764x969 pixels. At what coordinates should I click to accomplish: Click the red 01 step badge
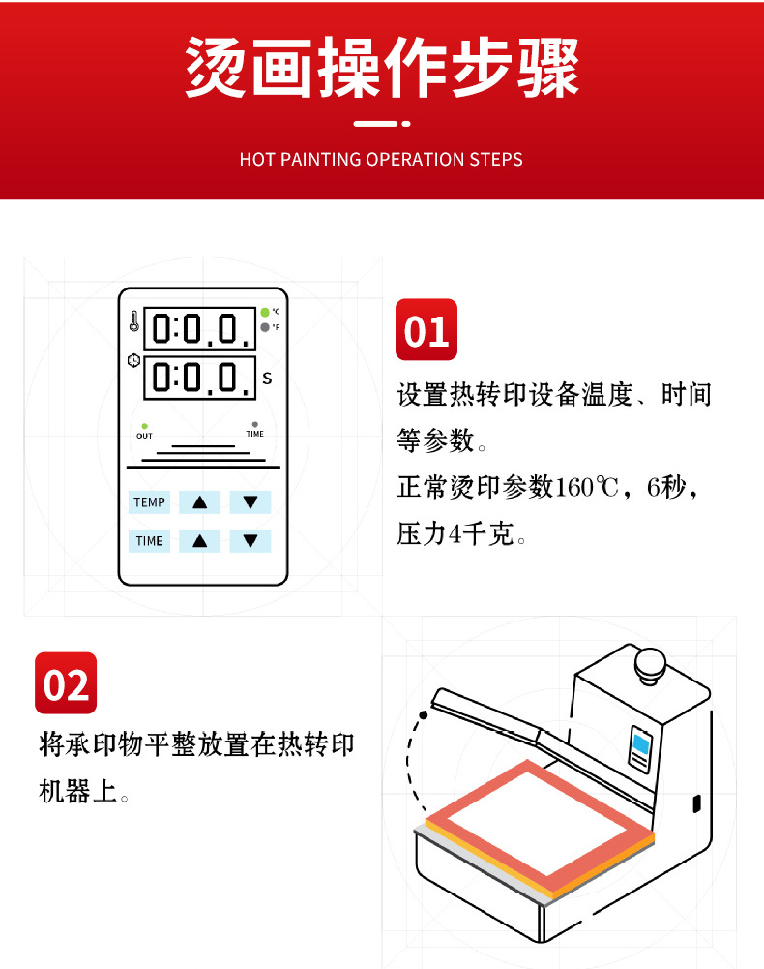(426, 329)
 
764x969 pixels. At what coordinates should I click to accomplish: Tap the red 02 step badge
(66, 682)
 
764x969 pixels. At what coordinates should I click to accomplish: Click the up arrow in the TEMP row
(199, 502)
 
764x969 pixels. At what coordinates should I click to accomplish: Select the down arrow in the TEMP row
(250, 502)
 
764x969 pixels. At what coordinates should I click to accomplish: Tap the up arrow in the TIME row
(199, 541)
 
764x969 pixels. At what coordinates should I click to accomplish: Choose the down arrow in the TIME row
(250, 541)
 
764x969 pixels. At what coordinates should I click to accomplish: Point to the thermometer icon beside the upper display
(134, 320)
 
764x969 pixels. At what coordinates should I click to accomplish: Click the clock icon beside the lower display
(133, 360)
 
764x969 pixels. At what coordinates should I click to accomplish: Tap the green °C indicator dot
(265, 312)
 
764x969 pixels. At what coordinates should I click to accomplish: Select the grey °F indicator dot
(265, 327)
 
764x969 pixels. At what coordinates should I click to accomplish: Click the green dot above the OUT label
(144, 426)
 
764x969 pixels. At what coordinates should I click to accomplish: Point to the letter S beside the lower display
(267, 379)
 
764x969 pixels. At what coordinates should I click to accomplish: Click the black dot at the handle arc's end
(423, 715)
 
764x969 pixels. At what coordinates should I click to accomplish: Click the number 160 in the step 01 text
(573, 488)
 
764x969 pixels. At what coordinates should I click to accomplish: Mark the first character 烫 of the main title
(217, 66)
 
